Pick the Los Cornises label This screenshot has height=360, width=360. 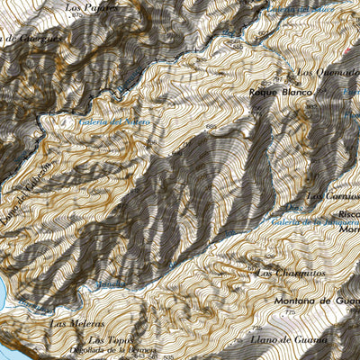tap(331, 194)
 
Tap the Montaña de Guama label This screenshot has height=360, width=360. tap(315, 301)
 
